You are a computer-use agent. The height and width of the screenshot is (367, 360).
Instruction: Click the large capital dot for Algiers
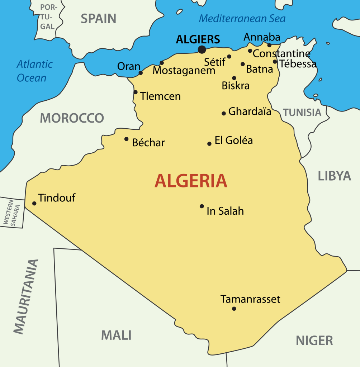202,49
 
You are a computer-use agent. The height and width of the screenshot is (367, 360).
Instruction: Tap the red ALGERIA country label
191,181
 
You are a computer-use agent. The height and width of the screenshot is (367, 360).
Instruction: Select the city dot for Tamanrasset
234,309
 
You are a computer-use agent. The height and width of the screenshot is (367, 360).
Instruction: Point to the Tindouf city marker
34,203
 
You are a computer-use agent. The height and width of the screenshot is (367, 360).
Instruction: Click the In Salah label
225,211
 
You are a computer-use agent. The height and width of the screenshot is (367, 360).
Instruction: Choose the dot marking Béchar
126,139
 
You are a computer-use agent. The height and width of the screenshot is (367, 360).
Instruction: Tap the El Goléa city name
233,140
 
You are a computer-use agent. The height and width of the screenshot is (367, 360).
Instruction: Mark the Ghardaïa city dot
224,113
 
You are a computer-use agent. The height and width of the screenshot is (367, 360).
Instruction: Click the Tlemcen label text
160,96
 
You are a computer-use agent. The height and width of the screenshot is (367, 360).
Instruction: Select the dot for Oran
141,73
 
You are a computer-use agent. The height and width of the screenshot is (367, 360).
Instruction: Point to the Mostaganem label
184,70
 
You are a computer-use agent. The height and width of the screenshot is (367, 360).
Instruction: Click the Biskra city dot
234,78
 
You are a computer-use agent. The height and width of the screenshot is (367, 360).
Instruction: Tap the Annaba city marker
269,45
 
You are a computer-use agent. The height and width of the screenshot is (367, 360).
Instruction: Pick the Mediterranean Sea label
242,18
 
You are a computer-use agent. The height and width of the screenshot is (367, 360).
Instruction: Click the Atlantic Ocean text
34,71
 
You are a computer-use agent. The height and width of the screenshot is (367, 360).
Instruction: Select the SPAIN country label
98,19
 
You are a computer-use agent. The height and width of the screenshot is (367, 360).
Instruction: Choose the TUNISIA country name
302,112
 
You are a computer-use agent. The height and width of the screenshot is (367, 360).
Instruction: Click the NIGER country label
314,340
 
